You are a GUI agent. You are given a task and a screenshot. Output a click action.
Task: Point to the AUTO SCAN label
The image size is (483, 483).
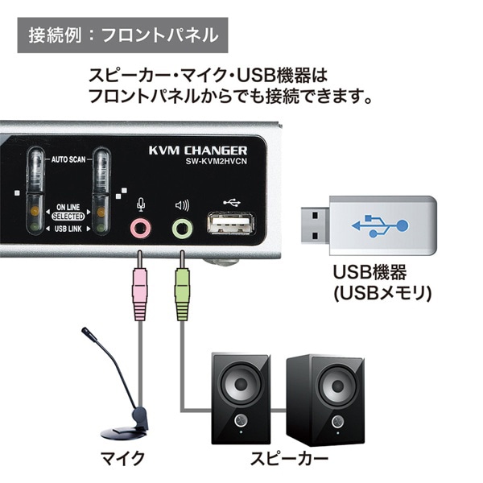click(x=68, y=159)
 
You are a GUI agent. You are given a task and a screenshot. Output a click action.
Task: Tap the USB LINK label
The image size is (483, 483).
click(x=68, y=229)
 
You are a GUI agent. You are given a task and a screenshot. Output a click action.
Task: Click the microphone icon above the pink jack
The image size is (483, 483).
click(x=141, y=204)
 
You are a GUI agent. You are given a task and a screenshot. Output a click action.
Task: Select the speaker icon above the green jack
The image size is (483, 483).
click(x=182, y=204)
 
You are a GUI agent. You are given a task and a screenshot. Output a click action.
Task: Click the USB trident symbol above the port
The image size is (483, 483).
click(x=229, y=200)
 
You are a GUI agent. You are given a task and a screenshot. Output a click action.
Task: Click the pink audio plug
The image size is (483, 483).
click(x=139, y=294)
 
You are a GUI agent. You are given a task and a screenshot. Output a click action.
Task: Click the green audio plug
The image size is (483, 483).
click(x=181, y=294)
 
